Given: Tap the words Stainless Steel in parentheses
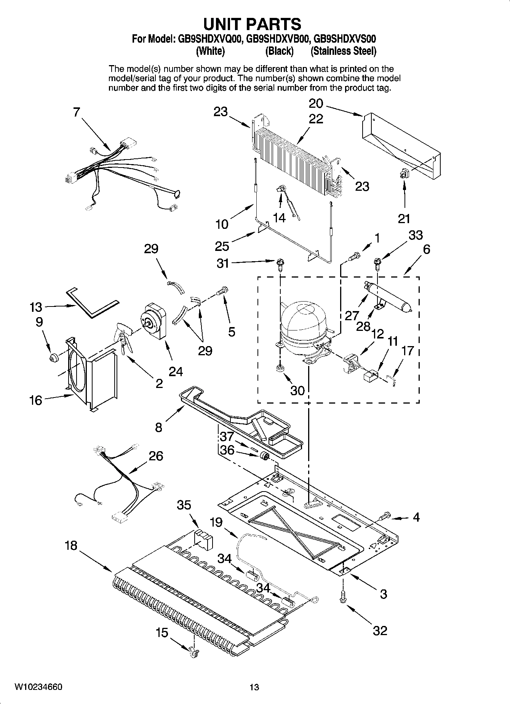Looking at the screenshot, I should point(343,51).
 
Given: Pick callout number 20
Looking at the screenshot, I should point(316,103).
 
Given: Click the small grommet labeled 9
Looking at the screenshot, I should point(53,357).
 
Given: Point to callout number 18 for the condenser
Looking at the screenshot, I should point(71,546).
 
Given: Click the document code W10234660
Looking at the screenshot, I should point(38,687).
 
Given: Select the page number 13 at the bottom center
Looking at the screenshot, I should point(254,687).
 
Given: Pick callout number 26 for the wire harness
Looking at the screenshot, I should point(156,456).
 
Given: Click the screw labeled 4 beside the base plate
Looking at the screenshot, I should point(385,516).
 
